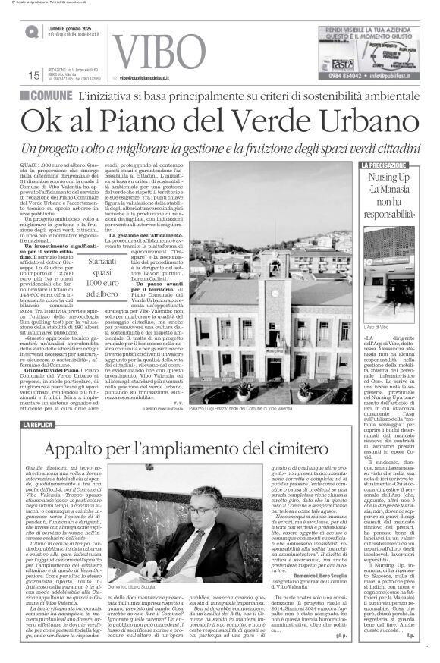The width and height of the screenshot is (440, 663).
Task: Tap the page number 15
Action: (x=33, y=75)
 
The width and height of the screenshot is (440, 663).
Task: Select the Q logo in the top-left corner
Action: (x=31, y=31)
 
